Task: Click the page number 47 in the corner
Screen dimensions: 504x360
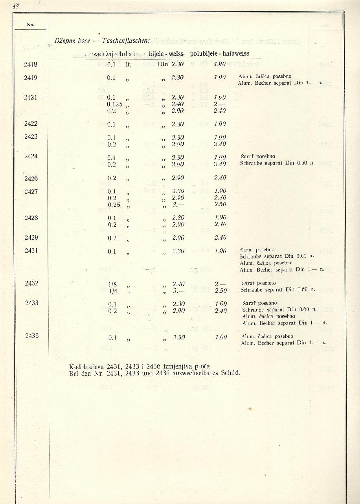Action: point(15,7)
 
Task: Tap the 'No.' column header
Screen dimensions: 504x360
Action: point(30,25)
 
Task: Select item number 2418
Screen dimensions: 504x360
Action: point(31,64)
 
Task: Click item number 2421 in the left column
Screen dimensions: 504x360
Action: point(31,97)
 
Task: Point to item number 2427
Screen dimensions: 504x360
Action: point(31,192)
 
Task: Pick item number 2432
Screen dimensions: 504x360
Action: point(32,283)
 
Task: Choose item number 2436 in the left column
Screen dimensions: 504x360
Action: point(32,336)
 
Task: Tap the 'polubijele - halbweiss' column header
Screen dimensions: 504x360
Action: point(219,53)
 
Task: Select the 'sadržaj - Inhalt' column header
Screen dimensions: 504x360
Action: point(115,54)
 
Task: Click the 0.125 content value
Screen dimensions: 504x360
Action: point(115,104)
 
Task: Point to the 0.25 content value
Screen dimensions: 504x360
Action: point(114,205)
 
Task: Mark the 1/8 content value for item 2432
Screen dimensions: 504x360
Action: point(113,284)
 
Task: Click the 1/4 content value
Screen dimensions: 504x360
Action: point(113,291)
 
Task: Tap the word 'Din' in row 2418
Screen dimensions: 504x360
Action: point(163,64)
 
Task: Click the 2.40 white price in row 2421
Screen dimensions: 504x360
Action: point(178,104)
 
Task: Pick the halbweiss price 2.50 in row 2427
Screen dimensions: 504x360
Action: point(220,204)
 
